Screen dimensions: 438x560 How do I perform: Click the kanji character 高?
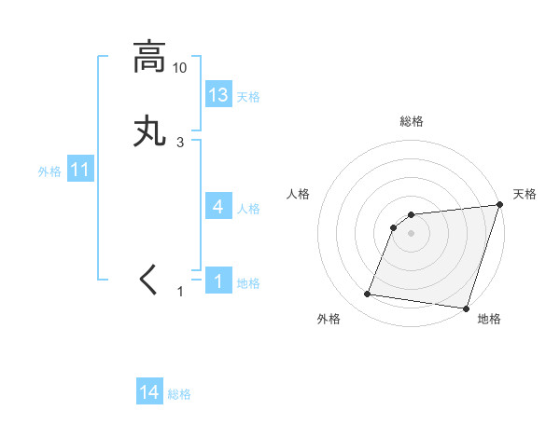[x=149, y=57]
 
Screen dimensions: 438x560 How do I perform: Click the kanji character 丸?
[x=149, y=130]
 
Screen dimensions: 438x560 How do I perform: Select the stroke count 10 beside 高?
[x=180, y=68]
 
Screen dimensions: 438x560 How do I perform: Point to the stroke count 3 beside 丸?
[x=180, y=142]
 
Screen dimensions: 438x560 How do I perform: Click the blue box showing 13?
[x=218, y=95]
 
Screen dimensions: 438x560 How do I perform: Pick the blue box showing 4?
[x=218, y=207]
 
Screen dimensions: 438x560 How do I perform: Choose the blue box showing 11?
[x=80, y=171]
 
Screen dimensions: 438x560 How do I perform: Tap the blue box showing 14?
[x=149, y=393]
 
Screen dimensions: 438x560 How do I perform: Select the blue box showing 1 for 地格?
[x=218, y=281]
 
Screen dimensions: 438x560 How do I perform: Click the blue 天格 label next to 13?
[x=247, y=97]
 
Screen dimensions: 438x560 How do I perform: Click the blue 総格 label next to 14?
[x=179, y=395]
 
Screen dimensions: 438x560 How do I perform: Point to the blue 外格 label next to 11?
[x=49, y=171]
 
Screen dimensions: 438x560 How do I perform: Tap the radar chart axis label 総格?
[x=412, y=121]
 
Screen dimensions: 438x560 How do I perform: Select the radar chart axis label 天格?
[x=525, y=194]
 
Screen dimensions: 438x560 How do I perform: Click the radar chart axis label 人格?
[x=299, y=194]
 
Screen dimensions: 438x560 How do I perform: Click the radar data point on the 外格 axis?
[x=368, y=294]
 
